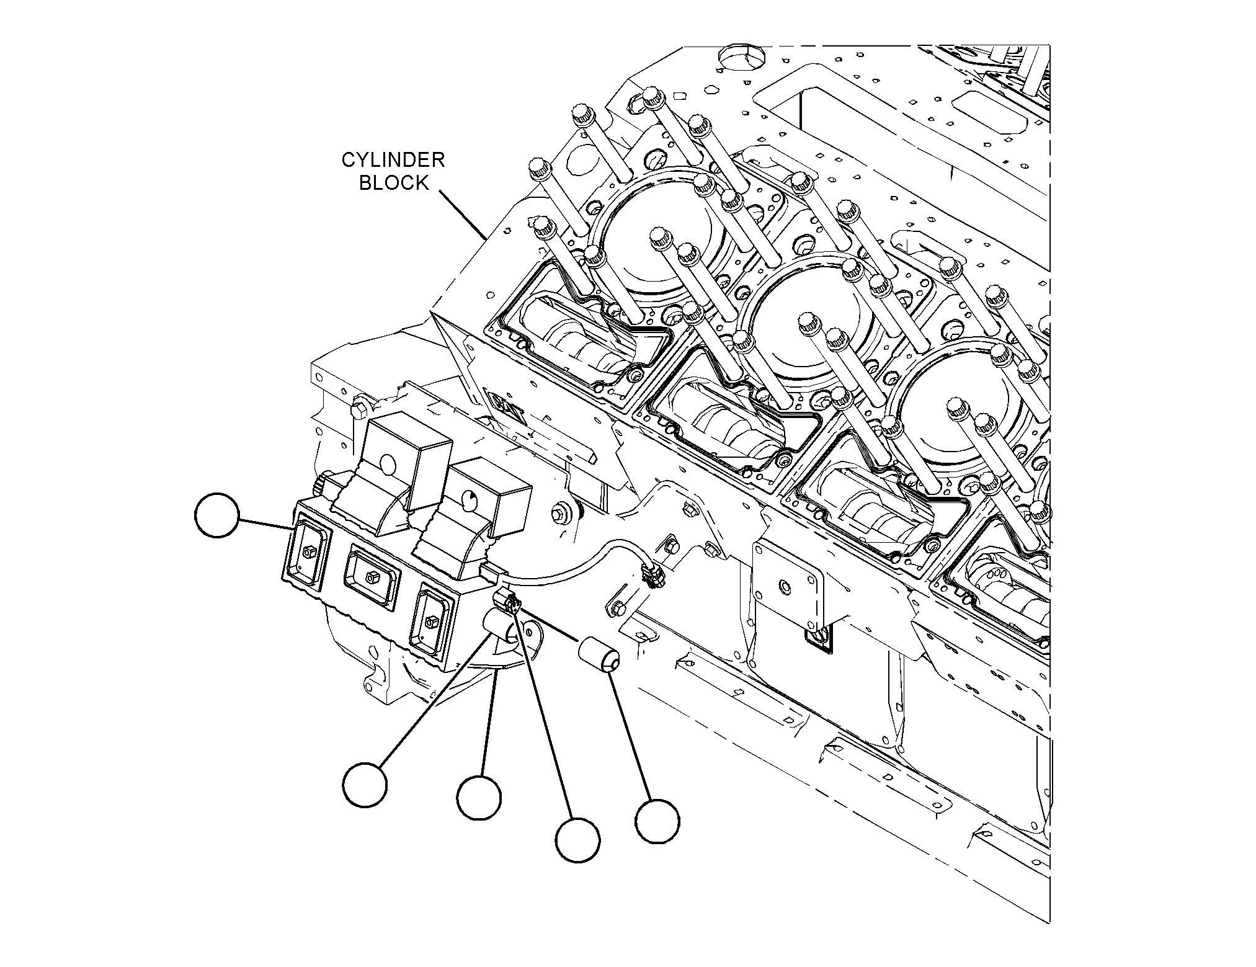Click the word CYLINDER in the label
[393, 160]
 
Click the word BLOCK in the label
[394, 183]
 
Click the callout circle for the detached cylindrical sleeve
[657, 822]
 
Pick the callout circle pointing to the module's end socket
[216, 515]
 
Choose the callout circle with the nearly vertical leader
[479, 797]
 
